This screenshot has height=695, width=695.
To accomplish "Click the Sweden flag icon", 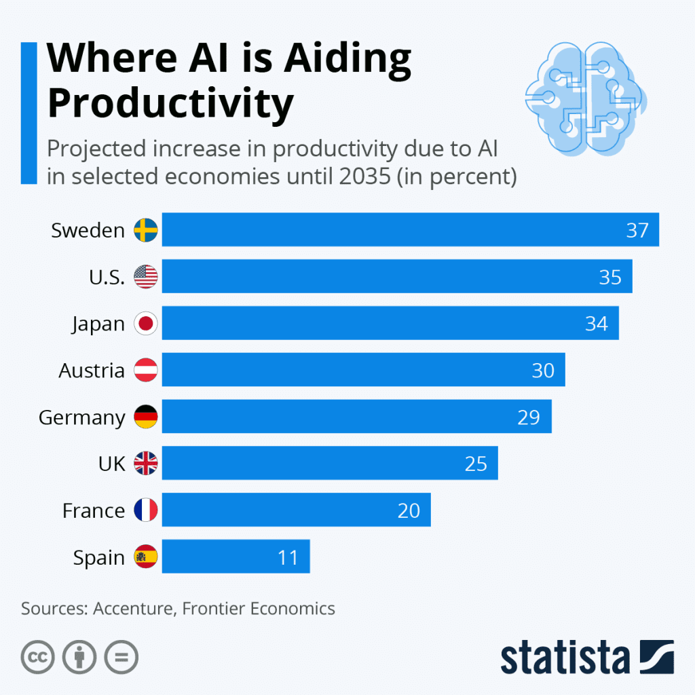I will point(146,230).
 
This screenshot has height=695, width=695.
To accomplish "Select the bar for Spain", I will point(236,557).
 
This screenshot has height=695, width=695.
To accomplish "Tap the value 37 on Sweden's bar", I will point(637,230).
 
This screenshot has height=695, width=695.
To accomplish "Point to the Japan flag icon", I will point(146,324).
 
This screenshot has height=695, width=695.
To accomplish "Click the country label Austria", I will point(92,371).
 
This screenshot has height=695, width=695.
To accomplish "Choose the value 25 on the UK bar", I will point(476,464).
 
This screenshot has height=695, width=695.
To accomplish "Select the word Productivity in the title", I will point(170,104).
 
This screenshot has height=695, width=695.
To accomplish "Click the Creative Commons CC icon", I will point(38,657).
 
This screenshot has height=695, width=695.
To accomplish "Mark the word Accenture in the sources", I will point(132,608).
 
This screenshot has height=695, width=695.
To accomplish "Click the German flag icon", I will point(146,417).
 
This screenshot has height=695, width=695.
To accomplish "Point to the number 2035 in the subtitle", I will point(424,176).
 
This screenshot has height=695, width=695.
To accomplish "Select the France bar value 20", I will point(409,510).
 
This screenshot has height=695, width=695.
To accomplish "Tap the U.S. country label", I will point(107,277).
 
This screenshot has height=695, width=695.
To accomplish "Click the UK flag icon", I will point(146,464).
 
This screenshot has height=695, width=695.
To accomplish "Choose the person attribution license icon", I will point(79,657).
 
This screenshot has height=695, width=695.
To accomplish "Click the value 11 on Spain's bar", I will point(288,557).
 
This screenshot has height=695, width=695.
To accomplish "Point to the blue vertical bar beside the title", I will point(29,113).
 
